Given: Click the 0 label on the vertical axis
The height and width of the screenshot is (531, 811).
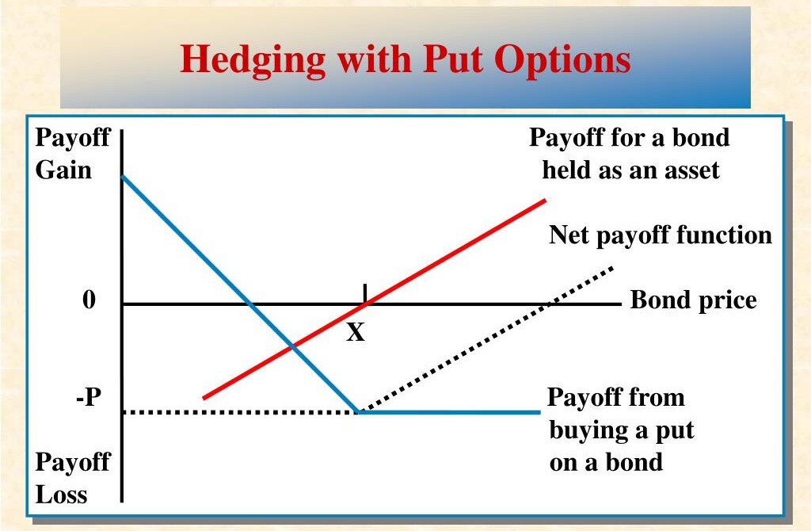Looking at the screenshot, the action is coord(89,300).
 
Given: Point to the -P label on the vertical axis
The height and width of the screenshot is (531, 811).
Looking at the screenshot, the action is coord(88,398).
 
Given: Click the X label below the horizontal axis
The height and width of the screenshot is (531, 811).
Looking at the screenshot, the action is coord(356,332).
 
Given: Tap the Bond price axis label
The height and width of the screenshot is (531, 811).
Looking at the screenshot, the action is coord(694,300).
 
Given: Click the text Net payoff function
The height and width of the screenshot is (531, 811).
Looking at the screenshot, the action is coord(661,235).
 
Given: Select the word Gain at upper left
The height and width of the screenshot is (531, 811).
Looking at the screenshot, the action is coord(63,170).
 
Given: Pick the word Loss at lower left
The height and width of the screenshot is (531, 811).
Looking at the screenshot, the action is coord(61,495).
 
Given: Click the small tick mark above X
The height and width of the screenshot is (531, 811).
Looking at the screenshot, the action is coord(365,293).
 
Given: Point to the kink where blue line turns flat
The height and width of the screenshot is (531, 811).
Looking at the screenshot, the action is coord(359,412).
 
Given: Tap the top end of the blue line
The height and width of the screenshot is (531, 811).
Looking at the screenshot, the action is coord(123,177).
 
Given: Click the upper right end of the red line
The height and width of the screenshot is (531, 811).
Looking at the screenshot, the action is coord(545,201).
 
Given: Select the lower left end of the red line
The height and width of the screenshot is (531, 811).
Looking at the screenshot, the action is coord(204,398).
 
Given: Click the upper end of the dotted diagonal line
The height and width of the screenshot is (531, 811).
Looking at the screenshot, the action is coord(613,267).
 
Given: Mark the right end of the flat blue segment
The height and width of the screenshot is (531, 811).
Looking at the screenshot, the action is coord(540,412).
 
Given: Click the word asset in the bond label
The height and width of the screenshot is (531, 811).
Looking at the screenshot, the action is coord(692,170).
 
